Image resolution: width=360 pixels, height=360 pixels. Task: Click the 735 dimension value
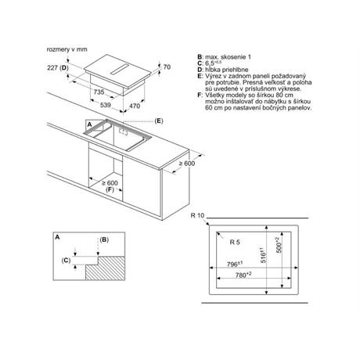[x=99, y=92]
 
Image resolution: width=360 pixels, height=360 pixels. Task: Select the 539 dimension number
[x=106, y=105]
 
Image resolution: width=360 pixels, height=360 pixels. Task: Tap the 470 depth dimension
[x=135, y=106]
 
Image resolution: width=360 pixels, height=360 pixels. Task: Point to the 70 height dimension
[x=167, y=67]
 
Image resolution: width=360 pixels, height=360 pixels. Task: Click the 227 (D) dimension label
[x=58, y=68]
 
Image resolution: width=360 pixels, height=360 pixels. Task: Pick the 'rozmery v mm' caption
[x=67, y=49]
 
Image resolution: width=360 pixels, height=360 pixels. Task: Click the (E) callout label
[x=159, y=121]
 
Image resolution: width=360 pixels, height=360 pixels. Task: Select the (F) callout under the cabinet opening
[x=110, y=189]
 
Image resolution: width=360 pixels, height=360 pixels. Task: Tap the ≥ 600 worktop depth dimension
[x=187, y=164]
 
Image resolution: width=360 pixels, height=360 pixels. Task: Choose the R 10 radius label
[x=197, y=215]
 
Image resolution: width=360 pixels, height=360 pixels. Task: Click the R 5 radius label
[x=235, y=242]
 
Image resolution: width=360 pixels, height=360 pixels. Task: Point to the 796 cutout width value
[x=235, y=265]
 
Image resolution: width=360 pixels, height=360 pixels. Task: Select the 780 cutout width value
[x=243, y=275]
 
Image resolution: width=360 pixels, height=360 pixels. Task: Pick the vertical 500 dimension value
[x=279, y=245]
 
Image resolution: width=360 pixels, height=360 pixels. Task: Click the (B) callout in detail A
[x=104, y=239]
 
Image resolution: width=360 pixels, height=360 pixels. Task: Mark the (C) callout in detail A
[x=66, y=261]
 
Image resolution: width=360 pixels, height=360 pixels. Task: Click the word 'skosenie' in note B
[x=233, y=57]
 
